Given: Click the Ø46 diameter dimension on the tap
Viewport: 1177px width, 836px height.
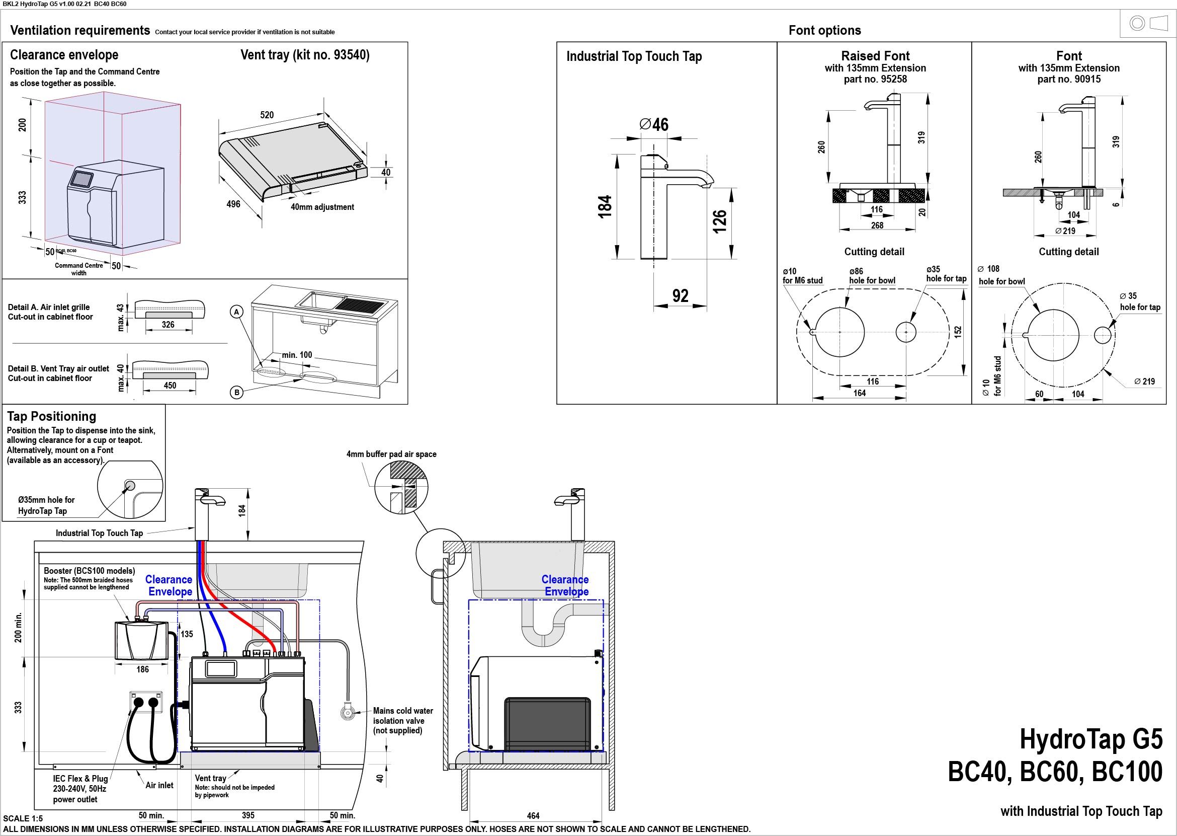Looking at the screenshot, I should (654, 125).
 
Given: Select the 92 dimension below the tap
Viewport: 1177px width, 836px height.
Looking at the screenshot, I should (680, 295).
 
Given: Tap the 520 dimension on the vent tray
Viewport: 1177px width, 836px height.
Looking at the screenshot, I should (267, 115).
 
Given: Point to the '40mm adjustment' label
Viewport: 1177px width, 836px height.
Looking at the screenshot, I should (322, 207).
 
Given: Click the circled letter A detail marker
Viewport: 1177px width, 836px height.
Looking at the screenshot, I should (236, 312).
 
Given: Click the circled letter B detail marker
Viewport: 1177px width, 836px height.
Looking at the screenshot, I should (236, 393).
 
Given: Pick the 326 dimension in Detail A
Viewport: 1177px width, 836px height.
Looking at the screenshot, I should (168, 325).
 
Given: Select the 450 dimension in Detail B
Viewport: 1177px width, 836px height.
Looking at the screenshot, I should (170, 386).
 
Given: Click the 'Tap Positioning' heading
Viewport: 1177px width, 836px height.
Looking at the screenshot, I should (51, 416).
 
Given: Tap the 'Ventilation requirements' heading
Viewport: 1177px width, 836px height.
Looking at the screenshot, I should (80, 30).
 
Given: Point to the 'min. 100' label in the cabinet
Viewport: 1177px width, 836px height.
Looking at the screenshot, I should (297, 355).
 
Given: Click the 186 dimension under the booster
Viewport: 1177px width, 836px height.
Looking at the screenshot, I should (142, 670).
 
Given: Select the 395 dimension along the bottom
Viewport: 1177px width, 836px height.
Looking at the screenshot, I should (248, 815).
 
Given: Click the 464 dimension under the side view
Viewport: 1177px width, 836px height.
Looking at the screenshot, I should (533, 816).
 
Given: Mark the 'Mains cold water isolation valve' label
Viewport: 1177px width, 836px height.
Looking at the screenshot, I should (403, 721).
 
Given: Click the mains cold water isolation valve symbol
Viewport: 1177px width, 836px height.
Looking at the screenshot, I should (348, 713).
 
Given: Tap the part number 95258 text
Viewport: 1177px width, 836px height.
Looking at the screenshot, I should (875, 80).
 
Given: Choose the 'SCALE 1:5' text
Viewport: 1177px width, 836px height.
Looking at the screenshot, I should (23, 818).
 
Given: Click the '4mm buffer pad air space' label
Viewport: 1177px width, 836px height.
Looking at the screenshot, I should (391, 454).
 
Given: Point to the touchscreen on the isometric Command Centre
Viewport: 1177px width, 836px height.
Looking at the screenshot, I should (82, 179).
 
